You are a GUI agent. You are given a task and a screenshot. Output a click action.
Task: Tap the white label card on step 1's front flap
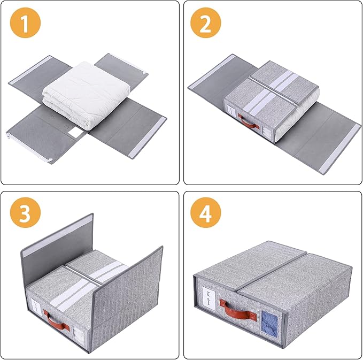coord(76,136)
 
